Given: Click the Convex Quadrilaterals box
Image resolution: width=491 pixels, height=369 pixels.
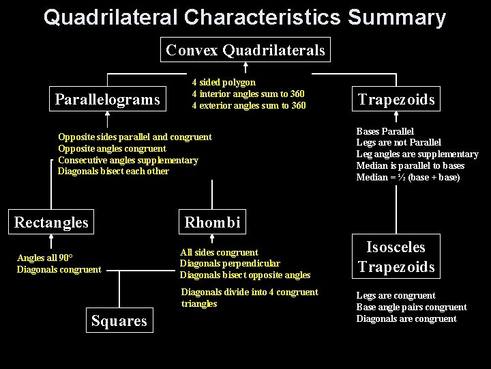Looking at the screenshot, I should tap(245, 50).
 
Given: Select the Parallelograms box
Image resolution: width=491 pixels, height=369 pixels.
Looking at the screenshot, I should tap(107, 100).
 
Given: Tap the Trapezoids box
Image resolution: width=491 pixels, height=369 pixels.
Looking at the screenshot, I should tap(396, 100).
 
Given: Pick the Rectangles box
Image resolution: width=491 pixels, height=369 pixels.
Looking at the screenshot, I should tap(51, 222).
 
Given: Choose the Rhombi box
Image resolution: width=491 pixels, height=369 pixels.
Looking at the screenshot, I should tap(212, 222).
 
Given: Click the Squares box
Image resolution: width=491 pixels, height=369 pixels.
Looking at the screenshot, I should tap(119, 320).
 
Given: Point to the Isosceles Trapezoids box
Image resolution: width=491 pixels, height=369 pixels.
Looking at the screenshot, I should tap(396, 257).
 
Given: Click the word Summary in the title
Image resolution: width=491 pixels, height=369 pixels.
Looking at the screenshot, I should tap(396, 17).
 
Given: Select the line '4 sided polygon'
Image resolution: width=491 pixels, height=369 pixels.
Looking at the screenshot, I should tap(224, 82).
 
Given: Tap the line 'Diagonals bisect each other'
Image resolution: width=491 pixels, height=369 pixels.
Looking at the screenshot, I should tap(113, 172).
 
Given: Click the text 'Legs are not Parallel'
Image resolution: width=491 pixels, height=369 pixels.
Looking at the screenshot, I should tap(399, 143).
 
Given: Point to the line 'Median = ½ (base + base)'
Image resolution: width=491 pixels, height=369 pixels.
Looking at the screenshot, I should tap(408, 178).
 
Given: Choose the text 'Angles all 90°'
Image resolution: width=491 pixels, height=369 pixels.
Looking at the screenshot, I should tap(45, 258).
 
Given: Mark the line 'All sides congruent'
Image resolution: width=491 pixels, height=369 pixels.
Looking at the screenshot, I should tap(219, 252).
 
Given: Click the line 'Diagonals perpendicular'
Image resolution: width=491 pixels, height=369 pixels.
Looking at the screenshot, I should tap(230, 264).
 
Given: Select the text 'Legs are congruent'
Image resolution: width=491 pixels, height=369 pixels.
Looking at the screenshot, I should tap(396, 296).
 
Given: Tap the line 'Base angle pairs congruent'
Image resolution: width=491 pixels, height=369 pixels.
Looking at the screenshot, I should tap(411, 307).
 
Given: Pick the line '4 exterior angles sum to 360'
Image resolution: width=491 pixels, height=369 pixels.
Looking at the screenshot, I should tap(249, 105).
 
